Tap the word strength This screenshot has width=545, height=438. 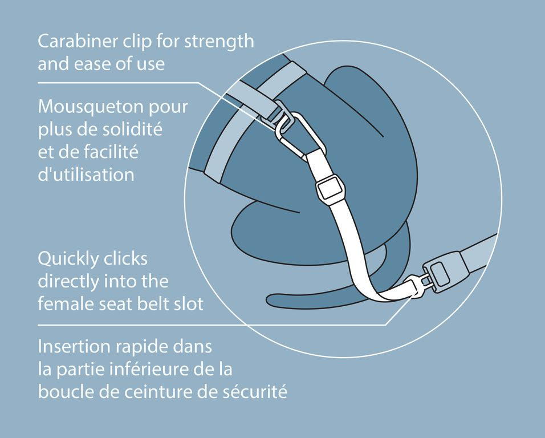219,42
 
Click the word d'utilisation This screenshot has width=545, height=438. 86,174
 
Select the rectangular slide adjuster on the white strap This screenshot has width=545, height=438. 328,188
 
